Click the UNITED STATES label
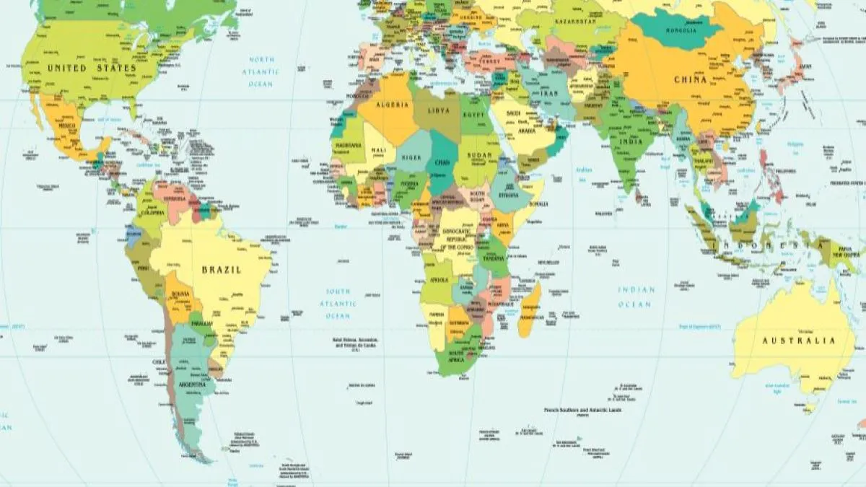92,68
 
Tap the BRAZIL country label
222,270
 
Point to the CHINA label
690,80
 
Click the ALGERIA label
392,105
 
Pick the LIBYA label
439,110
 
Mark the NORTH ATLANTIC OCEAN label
261,71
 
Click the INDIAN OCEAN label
636,297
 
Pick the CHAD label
441,163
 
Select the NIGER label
411,157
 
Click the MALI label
378,151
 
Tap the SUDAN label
478,156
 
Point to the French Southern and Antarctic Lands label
582,410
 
